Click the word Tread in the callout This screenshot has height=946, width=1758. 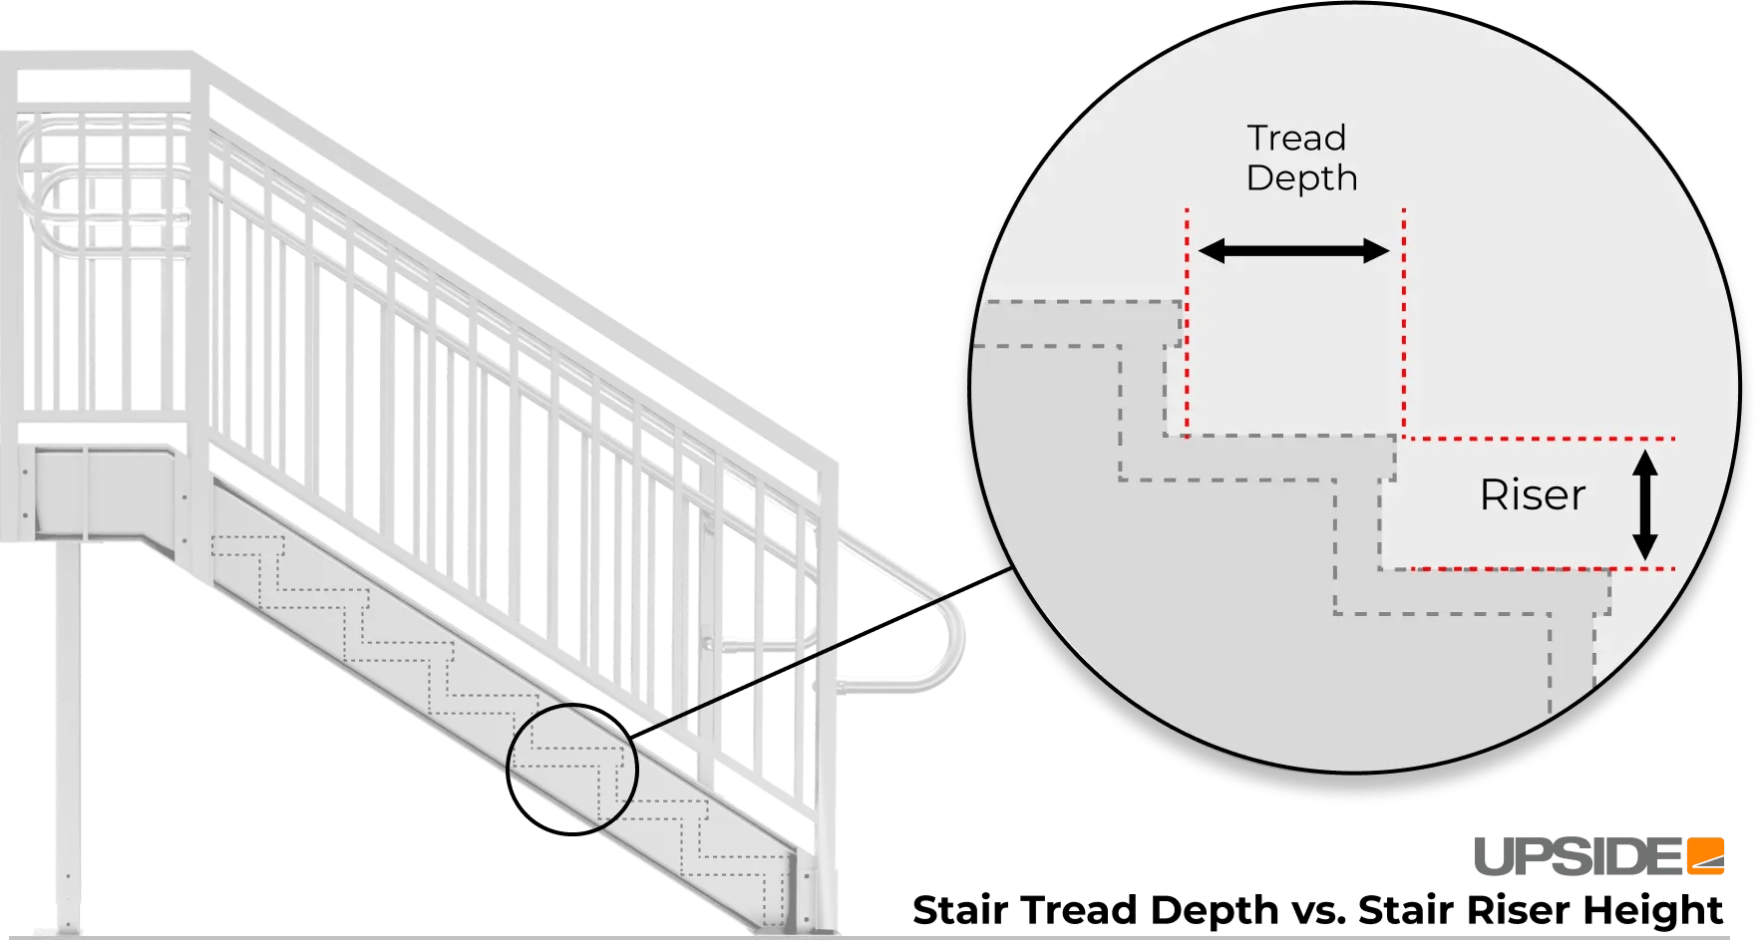pyautogui.click(x=1296, y=138)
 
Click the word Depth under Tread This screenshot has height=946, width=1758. pyautogui.click(x=1301, y=178)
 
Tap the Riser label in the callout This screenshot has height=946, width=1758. pyautogui.click(x=1532, y=495)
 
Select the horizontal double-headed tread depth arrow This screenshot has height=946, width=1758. pyautogui.click(x=1292, y=251)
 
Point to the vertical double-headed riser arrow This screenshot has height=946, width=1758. pyautogui.click(x=1644, y=504)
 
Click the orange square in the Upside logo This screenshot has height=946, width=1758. pyautogui.click(x=1705, y=856)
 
